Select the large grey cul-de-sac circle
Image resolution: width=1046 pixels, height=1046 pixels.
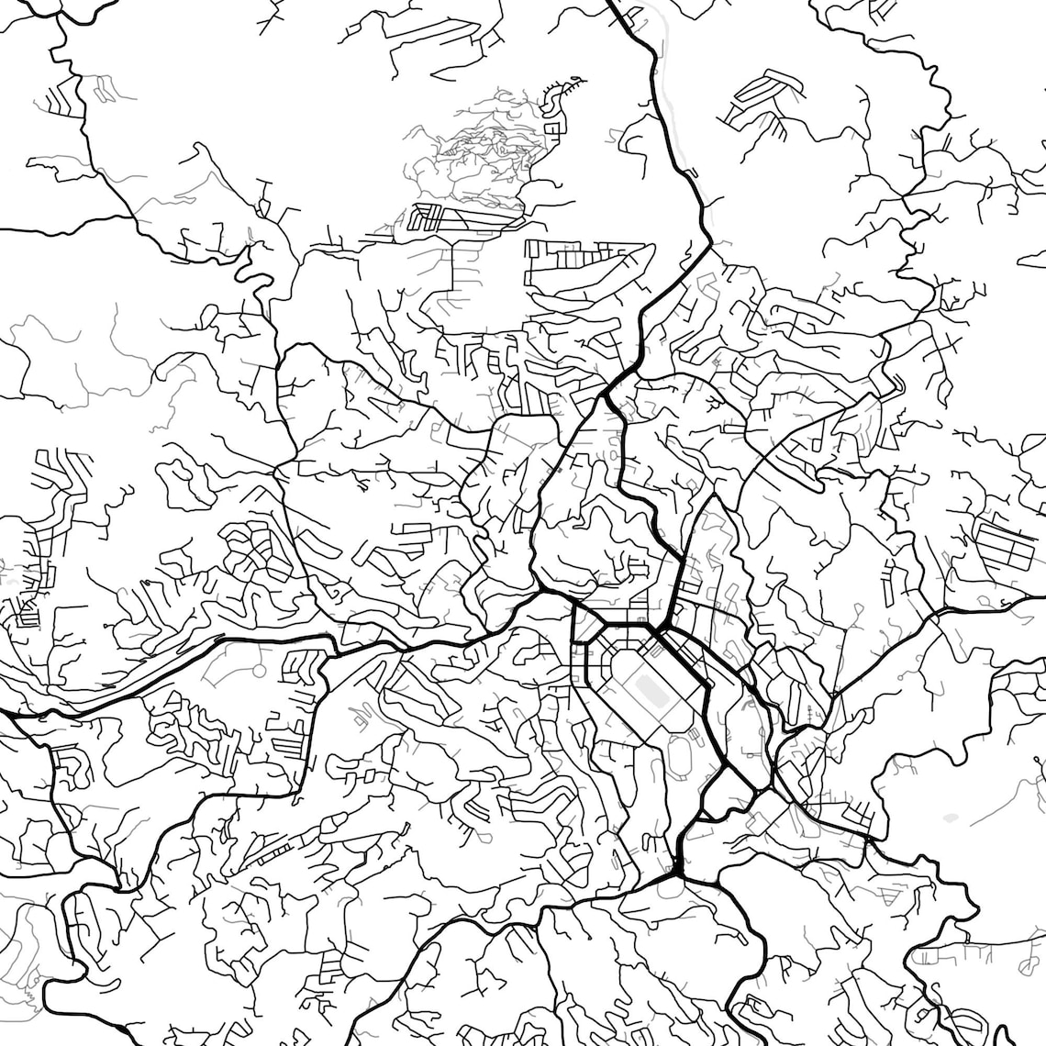[x=259, y=672]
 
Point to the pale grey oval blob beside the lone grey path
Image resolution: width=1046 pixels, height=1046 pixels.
[x=950, y=816]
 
